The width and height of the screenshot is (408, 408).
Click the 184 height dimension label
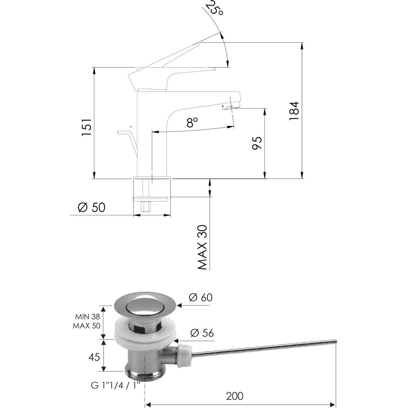(294, 111)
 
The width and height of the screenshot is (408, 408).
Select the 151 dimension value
(86, 127)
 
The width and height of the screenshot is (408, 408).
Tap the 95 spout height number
(257, 143)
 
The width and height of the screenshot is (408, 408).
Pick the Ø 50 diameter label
(91, 207)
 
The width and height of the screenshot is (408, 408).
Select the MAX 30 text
(202, 247)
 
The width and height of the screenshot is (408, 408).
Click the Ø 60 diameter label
(201, 297)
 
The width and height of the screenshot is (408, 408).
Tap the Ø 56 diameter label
(202, 333)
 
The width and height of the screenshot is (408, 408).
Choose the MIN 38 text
(87, 317)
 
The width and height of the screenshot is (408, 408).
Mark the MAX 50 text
(86, 326)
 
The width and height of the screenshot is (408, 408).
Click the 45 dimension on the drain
(94, 357)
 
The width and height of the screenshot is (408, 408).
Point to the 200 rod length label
(235, 396)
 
